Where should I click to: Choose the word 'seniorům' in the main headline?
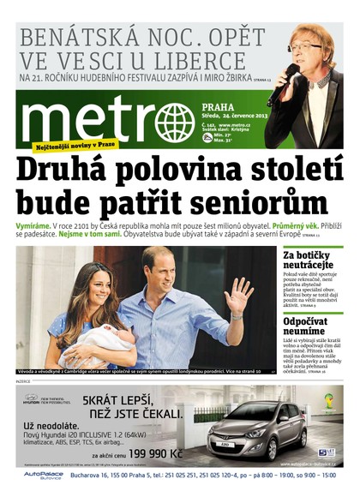tap(269, 206)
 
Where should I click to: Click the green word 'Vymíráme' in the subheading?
tap(34, 225)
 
